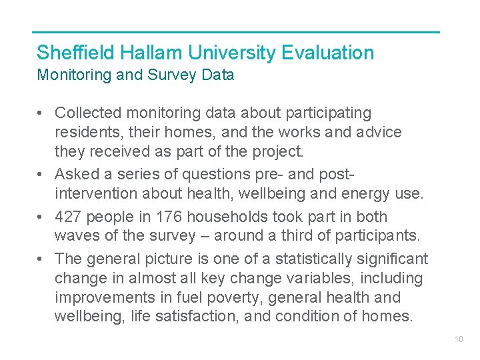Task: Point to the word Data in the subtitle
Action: point(218,75)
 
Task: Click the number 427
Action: point(68,217)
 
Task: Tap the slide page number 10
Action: point(459,339)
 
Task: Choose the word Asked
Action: point(75,175)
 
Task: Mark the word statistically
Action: point(315,259)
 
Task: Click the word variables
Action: point(317,277)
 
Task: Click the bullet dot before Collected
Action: point(41,114)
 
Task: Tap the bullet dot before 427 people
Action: point(41,217)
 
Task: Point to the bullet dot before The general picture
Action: point(41,259)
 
